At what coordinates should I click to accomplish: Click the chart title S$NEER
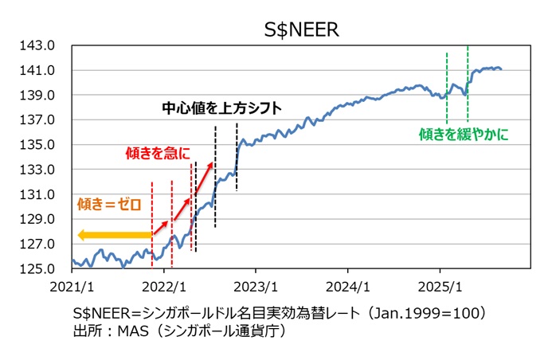[x=302, y=29]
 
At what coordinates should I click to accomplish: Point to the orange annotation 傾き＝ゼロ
[x=109, y=204]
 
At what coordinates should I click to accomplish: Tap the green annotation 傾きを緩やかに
[x=463, y=135]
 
